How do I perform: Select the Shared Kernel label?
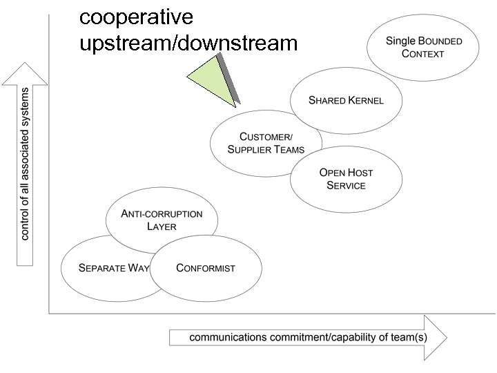[x=346, y=100]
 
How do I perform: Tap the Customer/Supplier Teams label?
[x=266, y=143]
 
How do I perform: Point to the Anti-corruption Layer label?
[x=162, y=220]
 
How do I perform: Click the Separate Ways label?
[x=115, y=268]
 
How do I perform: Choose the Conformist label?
[x=206, y=268]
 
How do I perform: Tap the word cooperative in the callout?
[x=136, y=16]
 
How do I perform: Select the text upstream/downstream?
[x=188, y=43]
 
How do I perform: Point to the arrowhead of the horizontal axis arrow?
[x=435, y=336]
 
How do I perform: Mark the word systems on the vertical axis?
[x=26, y=109]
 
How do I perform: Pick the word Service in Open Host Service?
[x=347, y=186]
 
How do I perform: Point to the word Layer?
[x=162, y=227]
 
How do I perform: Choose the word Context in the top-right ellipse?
[x=423, y=54]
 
